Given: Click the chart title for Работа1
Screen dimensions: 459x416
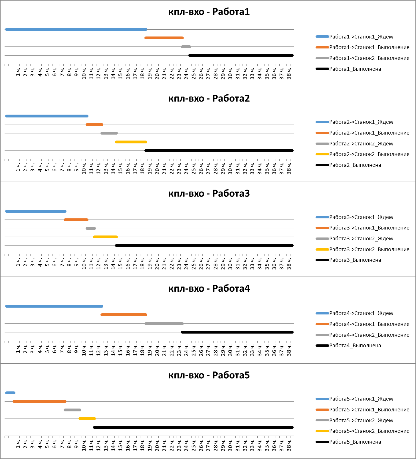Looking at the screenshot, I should tap(209, 12).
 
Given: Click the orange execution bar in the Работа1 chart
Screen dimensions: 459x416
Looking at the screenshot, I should tap(164, 38).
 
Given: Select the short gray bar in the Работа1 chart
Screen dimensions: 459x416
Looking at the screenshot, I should tap(186, 47).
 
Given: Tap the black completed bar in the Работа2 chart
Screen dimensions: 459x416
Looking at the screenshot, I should tap(219, 151).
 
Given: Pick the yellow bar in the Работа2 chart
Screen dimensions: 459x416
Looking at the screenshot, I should tap(131, 142).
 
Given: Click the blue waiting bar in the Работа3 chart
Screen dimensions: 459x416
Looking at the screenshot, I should tap(36, 211).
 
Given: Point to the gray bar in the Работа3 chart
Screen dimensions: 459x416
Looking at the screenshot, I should tap(91, 228).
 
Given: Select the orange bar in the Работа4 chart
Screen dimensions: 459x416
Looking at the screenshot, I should tap(124, 315).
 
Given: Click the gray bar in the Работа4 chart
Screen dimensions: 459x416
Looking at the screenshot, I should tap(164, 324).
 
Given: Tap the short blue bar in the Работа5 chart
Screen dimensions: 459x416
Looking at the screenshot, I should tap(10, 393).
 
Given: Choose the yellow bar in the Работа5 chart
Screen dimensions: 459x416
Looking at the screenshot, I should tap(87, 419).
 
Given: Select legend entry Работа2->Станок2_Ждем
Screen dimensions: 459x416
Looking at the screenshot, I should tap(361, 144).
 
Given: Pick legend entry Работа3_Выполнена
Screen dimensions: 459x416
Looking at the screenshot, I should tap(355, 260).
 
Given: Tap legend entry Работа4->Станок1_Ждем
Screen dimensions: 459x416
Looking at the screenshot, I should tap(361, 313).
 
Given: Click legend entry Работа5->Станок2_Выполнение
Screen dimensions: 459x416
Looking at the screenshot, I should tap(369, 431).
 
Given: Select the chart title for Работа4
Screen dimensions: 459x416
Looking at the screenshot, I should tap(209, 289).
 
